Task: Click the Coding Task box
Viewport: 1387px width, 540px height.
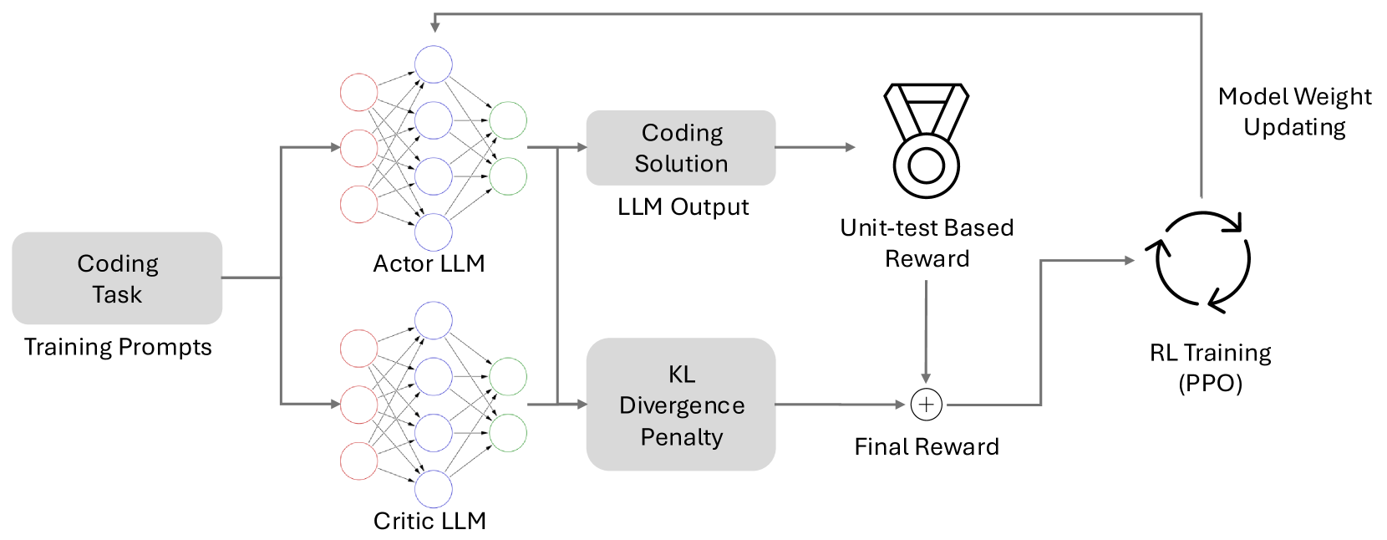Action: pyautogui.click(x=117, y=278)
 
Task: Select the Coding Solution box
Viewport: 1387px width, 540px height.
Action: pyautogui.click(x=681, y=148)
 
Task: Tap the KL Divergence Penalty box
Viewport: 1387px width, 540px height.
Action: pyautogui.click(x=681, y=405)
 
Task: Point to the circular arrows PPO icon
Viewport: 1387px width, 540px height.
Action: pyautogui.click(x=1202, y=262)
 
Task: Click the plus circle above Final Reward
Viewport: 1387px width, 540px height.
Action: pyautogui.click(x=926, y=405)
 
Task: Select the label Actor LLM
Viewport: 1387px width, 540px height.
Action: pyautogui.click(x=429, y=264)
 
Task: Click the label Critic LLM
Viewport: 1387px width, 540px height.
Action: pyautogui.click(x=429, y=521)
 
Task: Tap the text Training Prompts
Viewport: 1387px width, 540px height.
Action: pyautogui.click(x=118, y=347)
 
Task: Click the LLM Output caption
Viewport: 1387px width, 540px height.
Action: pyautogui.click(x=683, y=207)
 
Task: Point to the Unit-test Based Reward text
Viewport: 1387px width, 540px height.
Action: pyautogui.click(x=927, y=243)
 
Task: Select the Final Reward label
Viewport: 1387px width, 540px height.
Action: pyautogui.click(x=926, y=447)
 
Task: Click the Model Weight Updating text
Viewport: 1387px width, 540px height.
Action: pyautogui.click(x=1294, y=112)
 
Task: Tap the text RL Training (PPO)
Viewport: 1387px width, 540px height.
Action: pyautogui.click(x=1210, y=368)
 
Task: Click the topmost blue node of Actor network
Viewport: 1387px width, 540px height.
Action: pyautogui.click(x=434, y=64)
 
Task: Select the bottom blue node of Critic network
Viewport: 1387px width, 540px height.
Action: pyautogui.click(x=434, y=489)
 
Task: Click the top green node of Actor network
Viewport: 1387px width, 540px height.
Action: pyautogui.click(x=508, y=120)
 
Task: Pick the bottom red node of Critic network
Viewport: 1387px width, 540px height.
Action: pyautogui.click(x=359, y=461)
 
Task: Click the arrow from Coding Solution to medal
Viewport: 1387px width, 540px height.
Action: pyautogui.click(x=815, y=148)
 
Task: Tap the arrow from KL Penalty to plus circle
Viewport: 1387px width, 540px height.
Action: pyautogui.click(x=840, y=405)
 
